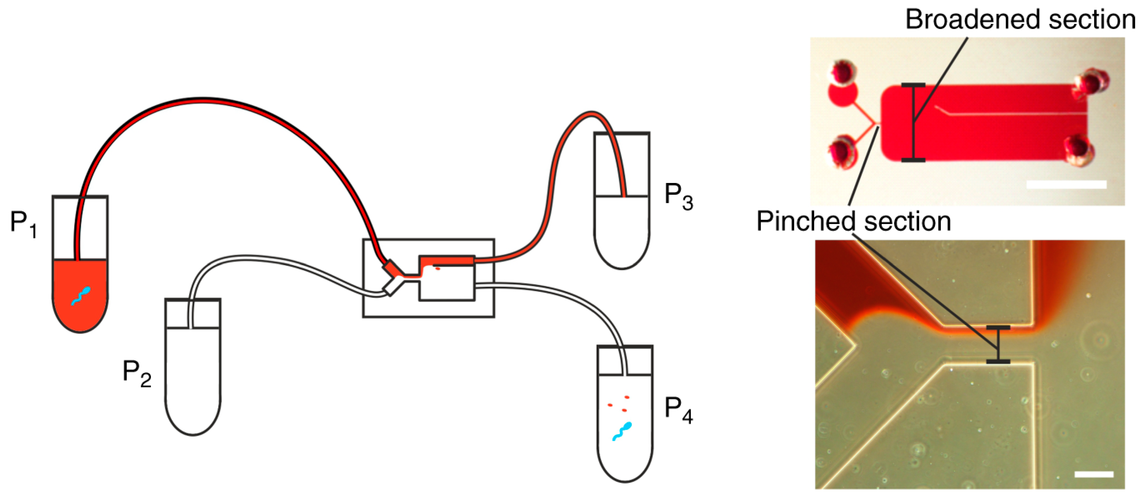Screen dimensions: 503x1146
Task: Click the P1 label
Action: click(x=23, y=224)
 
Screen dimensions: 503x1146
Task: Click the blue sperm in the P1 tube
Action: click(x=81, y=296)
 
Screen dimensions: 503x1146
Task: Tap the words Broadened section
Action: click(x=1020, y=20)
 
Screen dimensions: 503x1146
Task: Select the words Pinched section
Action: click(x=853, y=221)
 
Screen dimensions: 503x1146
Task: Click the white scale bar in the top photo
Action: click(x=1066, y=184)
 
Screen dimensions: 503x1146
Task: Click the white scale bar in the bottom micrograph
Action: click(x=1093, y=474)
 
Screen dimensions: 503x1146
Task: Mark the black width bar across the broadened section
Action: click(x=913, y=122)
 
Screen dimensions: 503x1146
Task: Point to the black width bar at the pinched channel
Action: click(x=998, y=344)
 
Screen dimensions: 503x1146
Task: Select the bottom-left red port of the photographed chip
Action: click(x=842, y=151)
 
